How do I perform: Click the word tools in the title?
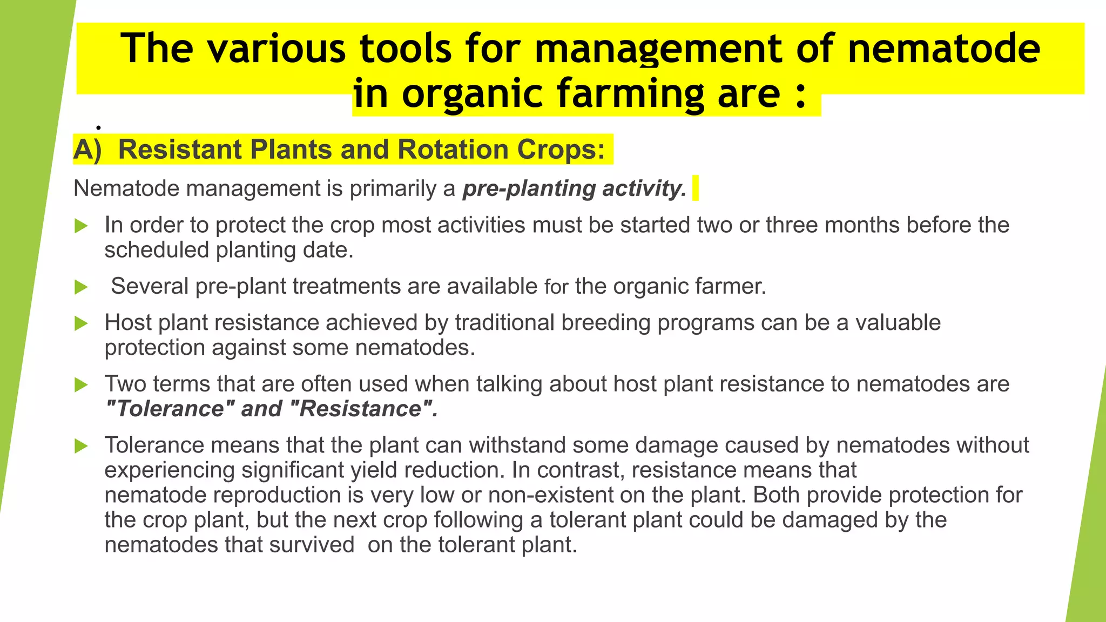tap(406, 49)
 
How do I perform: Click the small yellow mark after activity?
tap(695, 188)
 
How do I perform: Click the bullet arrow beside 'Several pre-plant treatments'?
tap(81, 287)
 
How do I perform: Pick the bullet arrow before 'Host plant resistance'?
tap(81, 323)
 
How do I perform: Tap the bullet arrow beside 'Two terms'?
tap(81, 385)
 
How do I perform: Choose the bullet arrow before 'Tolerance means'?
tap(81, 446)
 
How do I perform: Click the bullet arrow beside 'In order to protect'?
tap(81, 226)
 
